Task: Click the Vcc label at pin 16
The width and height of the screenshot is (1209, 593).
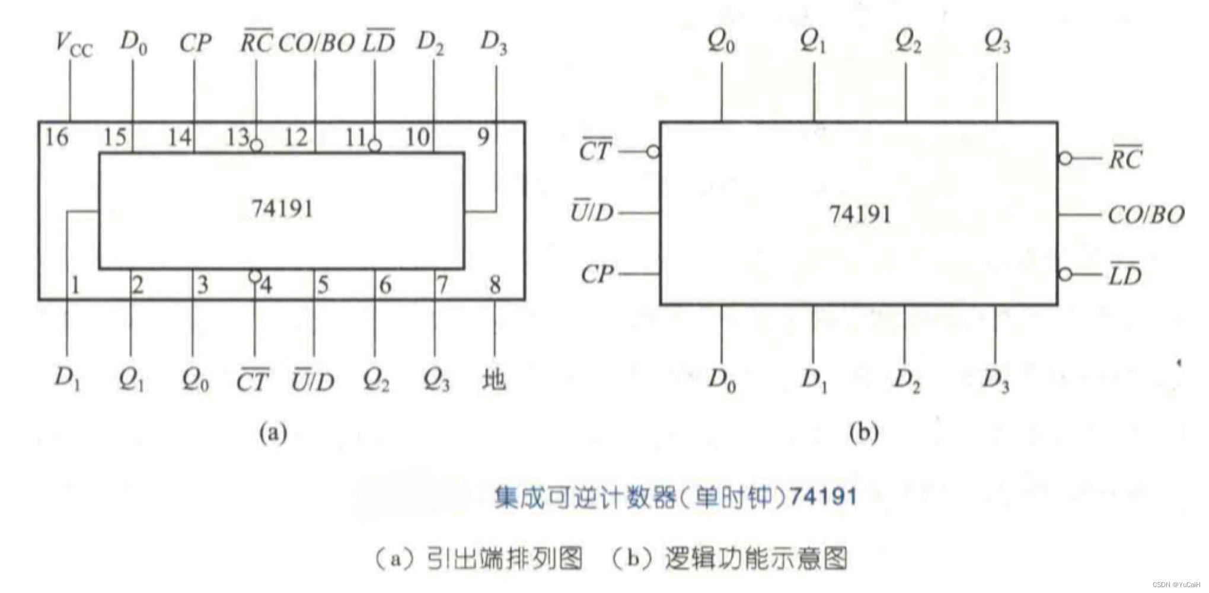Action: [74, 44]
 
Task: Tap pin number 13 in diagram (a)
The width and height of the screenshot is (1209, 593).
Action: [237, 138]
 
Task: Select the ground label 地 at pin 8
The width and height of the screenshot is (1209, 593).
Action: [494, 380]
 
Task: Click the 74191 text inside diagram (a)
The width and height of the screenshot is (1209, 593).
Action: [282, 209]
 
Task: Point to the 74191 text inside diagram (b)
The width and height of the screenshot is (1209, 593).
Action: [860, 214]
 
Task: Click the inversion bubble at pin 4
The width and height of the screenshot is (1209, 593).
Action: [255, 276]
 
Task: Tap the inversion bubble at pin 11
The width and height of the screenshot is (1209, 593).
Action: [375, 145]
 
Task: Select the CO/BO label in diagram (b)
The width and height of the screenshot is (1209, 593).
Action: [1146, 215]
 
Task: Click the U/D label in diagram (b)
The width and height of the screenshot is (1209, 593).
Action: [592, 212]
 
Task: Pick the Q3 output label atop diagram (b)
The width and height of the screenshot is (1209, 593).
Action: [997, 41]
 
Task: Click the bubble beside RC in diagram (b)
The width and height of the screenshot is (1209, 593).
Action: [1066, 158]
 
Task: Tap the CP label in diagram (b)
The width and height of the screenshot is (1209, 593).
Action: [597, 274]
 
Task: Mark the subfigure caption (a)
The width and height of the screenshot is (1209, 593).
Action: [273, 432]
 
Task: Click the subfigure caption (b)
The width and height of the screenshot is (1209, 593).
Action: [863, 432]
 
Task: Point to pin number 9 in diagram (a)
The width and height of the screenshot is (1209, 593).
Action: [484, 138]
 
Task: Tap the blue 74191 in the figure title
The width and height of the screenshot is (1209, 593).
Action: [824, 496]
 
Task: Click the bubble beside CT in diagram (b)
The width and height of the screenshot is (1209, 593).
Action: [653, 152]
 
